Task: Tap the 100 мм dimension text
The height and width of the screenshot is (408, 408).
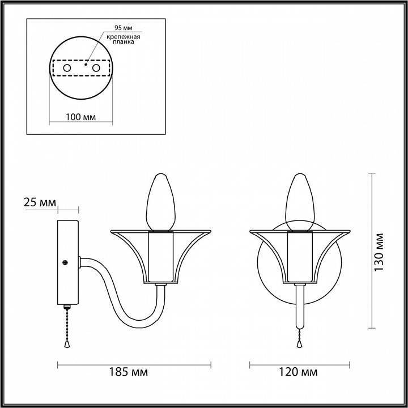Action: click(x=80, y=117)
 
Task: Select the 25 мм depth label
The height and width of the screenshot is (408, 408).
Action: click(x=40, y=202)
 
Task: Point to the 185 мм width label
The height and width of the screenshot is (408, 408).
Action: click(x=128, y=372)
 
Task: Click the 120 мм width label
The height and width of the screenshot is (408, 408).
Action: click(x=298, y=372)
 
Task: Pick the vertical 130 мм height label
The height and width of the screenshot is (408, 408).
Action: click(x=379, y=252)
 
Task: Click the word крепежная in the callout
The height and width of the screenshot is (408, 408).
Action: click(x=124, y=37)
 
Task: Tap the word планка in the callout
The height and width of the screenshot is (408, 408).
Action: click(x=124, y=41)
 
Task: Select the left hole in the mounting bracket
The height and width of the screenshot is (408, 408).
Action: click(x=67, y=68)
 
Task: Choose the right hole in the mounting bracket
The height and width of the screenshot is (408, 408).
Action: click(x=96, y=68)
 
